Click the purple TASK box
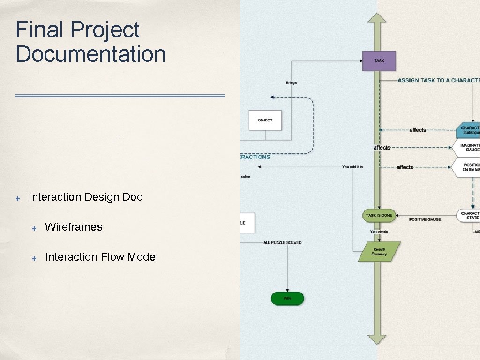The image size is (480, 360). click(379, 61)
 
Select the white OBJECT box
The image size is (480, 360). click(265, 120)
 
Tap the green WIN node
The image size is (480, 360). click(287, 298)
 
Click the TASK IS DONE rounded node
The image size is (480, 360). click(379, 215)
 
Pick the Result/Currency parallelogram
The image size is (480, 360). click(379, 252)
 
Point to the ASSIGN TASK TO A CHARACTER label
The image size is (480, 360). click(438, 81)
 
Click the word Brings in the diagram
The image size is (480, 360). click(292, 83)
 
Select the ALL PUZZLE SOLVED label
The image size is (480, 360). click(282, 242)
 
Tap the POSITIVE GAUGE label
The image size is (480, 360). click(425, 219)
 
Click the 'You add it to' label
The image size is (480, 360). click(352, 167)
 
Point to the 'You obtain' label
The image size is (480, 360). click(379, 232)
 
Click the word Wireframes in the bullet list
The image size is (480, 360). click(74, 227)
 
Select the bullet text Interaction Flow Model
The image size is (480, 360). click(101, 257)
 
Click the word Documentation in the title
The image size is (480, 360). click(91, 54)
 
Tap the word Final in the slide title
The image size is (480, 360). click(39, 30)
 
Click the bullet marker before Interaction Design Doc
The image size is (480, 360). click(18, 198)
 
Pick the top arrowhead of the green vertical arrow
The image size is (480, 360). click(377, 18)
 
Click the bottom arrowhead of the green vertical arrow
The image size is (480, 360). click(377, 339)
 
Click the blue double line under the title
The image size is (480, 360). click(120, 96)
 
